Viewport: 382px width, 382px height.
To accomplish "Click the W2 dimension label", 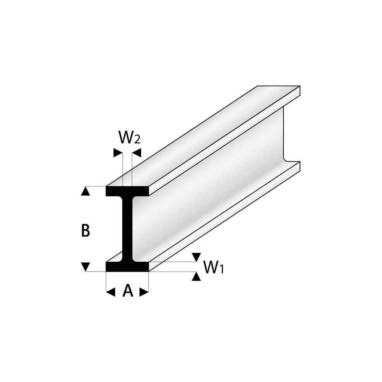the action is pos(129,138).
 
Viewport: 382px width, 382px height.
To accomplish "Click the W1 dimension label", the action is pos(214,267).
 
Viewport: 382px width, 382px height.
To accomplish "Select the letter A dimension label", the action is pos(128,291).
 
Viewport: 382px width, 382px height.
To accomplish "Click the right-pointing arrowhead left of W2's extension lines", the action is pos(118,153).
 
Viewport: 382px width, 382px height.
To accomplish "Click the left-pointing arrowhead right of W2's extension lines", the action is pos(136,153).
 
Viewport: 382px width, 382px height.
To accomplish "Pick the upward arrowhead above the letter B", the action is pos(85,191).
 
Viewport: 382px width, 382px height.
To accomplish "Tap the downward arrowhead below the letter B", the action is pos(85,267).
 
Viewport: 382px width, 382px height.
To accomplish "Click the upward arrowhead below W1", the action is pos(196,276).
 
